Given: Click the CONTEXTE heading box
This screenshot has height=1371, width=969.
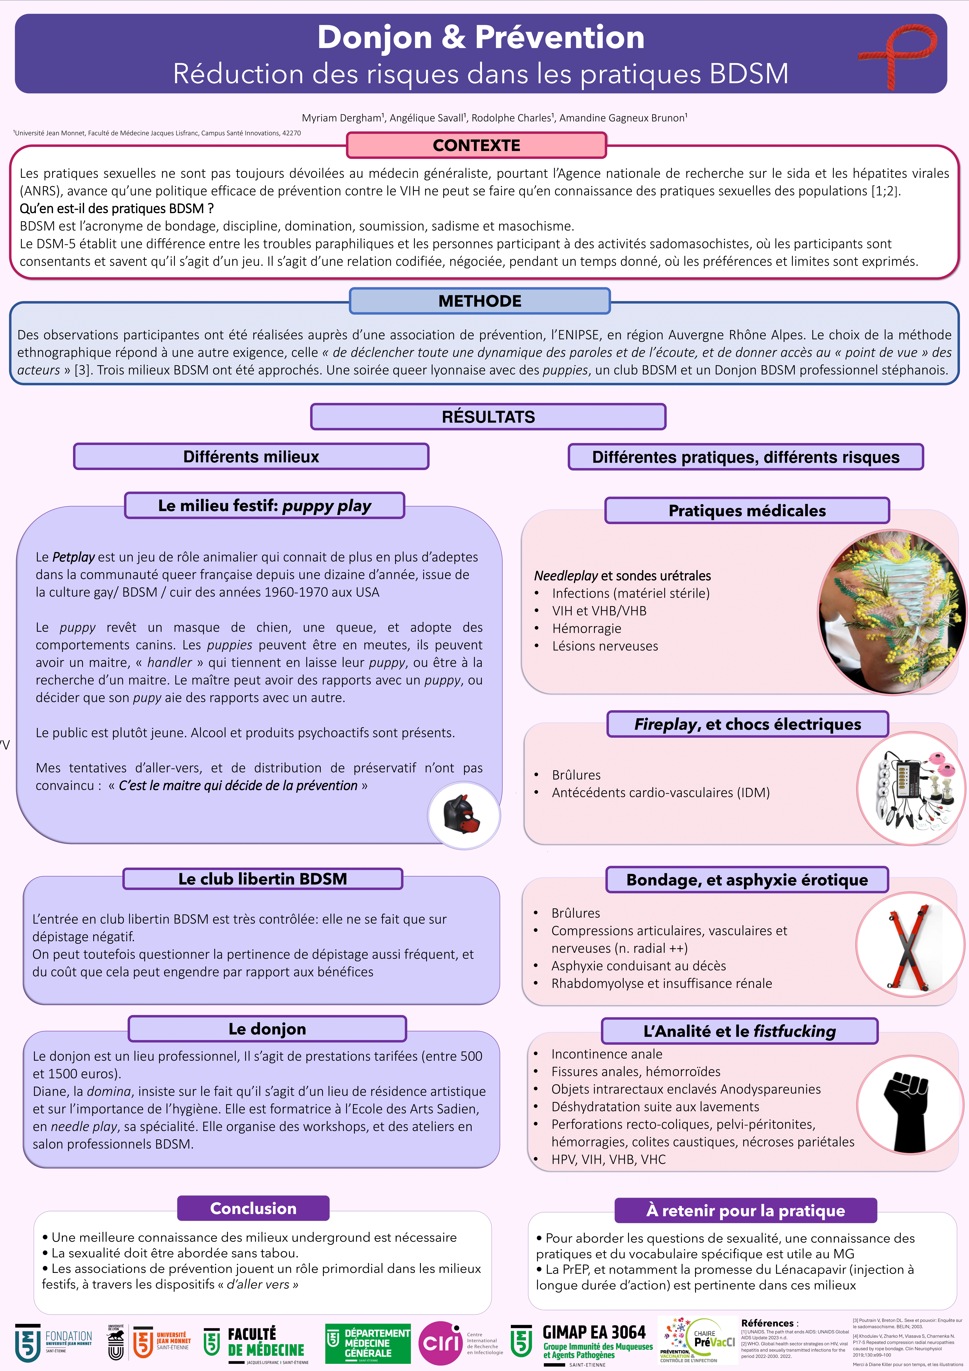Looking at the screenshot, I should coord(476,145).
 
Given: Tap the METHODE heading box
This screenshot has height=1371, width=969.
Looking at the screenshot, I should coord(480,301).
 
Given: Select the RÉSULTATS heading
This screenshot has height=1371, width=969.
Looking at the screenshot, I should coord(488,417).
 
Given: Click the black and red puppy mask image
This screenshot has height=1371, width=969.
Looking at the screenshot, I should coord(464,815).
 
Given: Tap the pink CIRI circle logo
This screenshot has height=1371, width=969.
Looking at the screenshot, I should coord(440,1343).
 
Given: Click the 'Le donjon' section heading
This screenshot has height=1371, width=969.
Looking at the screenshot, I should coord(267,1029).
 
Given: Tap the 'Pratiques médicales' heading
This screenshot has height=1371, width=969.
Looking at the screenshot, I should coord(747,511).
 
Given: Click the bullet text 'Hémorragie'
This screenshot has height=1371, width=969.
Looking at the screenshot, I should coord(586,628).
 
